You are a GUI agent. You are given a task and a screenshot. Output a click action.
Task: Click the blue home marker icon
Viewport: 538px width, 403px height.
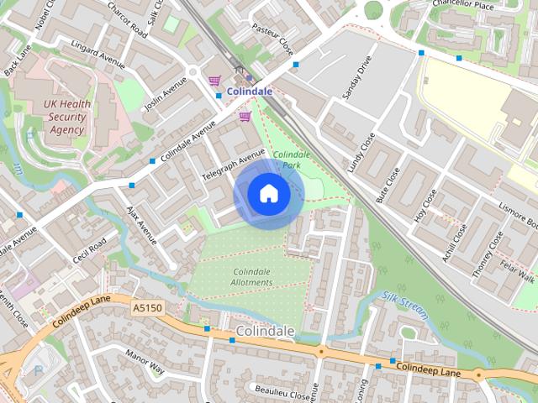268,194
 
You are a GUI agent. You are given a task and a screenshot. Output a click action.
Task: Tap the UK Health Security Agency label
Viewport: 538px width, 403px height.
66,117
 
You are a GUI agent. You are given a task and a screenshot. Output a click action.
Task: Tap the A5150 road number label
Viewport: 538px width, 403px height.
146,309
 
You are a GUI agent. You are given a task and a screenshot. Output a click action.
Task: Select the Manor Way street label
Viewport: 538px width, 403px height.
144,360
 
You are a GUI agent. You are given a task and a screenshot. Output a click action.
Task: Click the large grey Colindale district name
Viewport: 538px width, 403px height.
266,331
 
